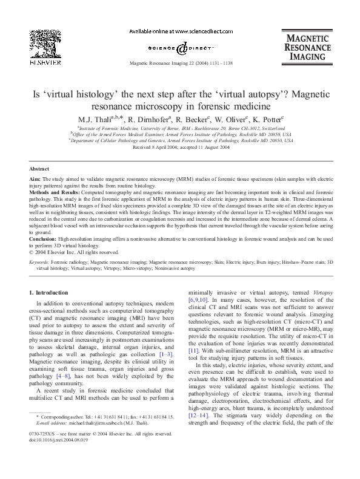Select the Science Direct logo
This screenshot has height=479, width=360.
[x=179, y=47]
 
